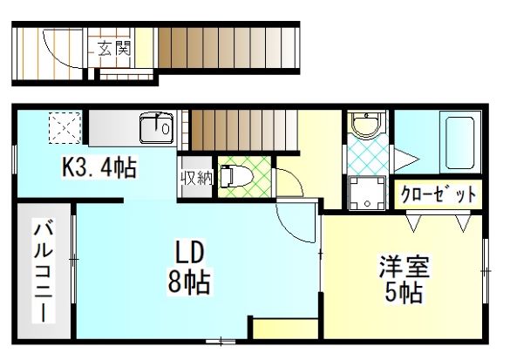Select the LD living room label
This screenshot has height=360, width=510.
coord(189,252)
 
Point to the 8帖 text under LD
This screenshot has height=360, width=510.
coord(188,282)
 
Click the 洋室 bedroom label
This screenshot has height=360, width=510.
coord(404,267)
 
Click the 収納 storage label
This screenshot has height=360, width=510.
coord(197,178)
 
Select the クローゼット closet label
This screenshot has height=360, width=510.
coord(439,194)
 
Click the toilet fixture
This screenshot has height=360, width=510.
coord(236,176)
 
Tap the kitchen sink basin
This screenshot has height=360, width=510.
coord(156,128)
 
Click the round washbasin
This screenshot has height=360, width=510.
coord(367,125)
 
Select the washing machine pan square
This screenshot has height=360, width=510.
coord(367,194)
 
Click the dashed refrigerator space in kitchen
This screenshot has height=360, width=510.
coord(65,128)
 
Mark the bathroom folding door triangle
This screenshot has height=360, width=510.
coord(406,160)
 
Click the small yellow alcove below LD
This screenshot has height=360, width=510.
coord(285,329)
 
